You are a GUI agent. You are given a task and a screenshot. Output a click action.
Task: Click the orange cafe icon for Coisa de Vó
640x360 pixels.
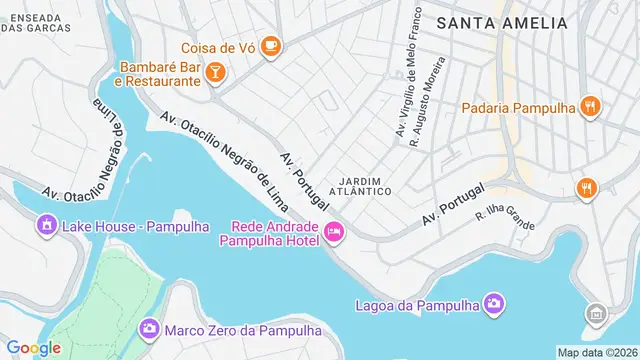click(271, 46)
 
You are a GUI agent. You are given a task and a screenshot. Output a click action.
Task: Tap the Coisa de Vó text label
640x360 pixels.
click(217, 47)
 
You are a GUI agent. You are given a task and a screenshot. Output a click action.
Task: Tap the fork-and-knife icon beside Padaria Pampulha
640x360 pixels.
click(591, 106)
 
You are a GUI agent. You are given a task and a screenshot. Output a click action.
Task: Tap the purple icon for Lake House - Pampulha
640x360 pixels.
click(46, 226)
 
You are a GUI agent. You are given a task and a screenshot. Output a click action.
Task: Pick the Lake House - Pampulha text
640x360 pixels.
click(136, 226)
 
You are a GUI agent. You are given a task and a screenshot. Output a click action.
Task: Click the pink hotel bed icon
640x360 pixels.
click(334, 233)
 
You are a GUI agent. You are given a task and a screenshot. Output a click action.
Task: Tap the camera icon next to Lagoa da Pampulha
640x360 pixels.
click(493, 303)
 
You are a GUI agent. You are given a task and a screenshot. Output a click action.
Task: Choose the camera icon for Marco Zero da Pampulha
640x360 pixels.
click(149, 328)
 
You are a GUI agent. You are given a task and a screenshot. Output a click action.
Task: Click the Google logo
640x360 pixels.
click(33, 347)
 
